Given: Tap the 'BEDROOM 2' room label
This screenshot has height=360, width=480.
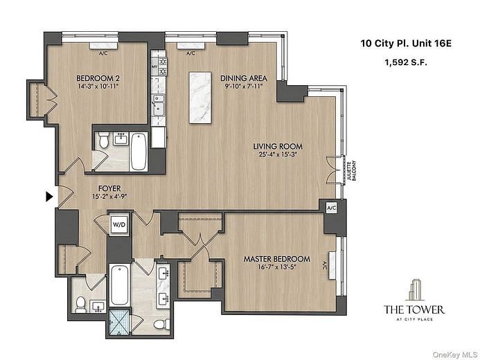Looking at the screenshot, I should pos(98,79).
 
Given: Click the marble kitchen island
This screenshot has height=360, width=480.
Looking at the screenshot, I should pos(200,98).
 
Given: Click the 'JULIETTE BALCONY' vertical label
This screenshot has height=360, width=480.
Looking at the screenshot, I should pos(354,170).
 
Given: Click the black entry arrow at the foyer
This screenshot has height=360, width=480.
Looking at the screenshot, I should pos(48,197).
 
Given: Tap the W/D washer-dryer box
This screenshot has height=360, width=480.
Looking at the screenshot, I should pos(119,224).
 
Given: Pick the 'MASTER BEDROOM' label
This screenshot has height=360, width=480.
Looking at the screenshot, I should pos(276,260).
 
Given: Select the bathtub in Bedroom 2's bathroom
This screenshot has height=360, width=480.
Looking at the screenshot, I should pos(138,151).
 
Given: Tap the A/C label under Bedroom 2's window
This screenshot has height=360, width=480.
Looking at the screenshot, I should pos(103,53).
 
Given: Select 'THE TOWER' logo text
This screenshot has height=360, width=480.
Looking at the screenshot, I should pos(414,309).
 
